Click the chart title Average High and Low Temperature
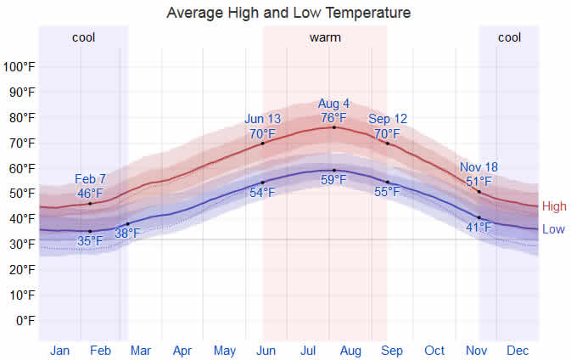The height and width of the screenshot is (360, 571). pos(288,13)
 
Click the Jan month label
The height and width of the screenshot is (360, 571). pos(59,350)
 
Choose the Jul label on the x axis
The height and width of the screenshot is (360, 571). pos(308,350)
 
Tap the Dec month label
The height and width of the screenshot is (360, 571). pos(517,350)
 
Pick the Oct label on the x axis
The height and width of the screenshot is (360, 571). pos(434,350)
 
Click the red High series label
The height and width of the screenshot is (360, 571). pos(554,206)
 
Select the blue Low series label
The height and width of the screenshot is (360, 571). pos(553,229)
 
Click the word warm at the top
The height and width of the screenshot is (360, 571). pos(325,37)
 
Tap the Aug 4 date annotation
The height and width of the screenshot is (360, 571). pos(333,104)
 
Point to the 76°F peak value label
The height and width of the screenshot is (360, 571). pos(333,118)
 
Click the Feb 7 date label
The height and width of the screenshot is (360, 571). pos(90,179)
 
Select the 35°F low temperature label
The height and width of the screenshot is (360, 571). pos(90,241)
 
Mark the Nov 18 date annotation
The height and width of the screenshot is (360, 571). pos(479,167)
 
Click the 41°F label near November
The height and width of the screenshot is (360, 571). pos(479,227)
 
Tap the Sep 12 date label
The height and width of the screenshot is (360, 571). pos(388,120)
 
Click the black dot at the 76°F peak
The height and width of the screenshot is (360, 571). pos(333,127)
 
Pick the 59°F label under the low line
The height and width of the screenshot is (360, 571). pos(333,180)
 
